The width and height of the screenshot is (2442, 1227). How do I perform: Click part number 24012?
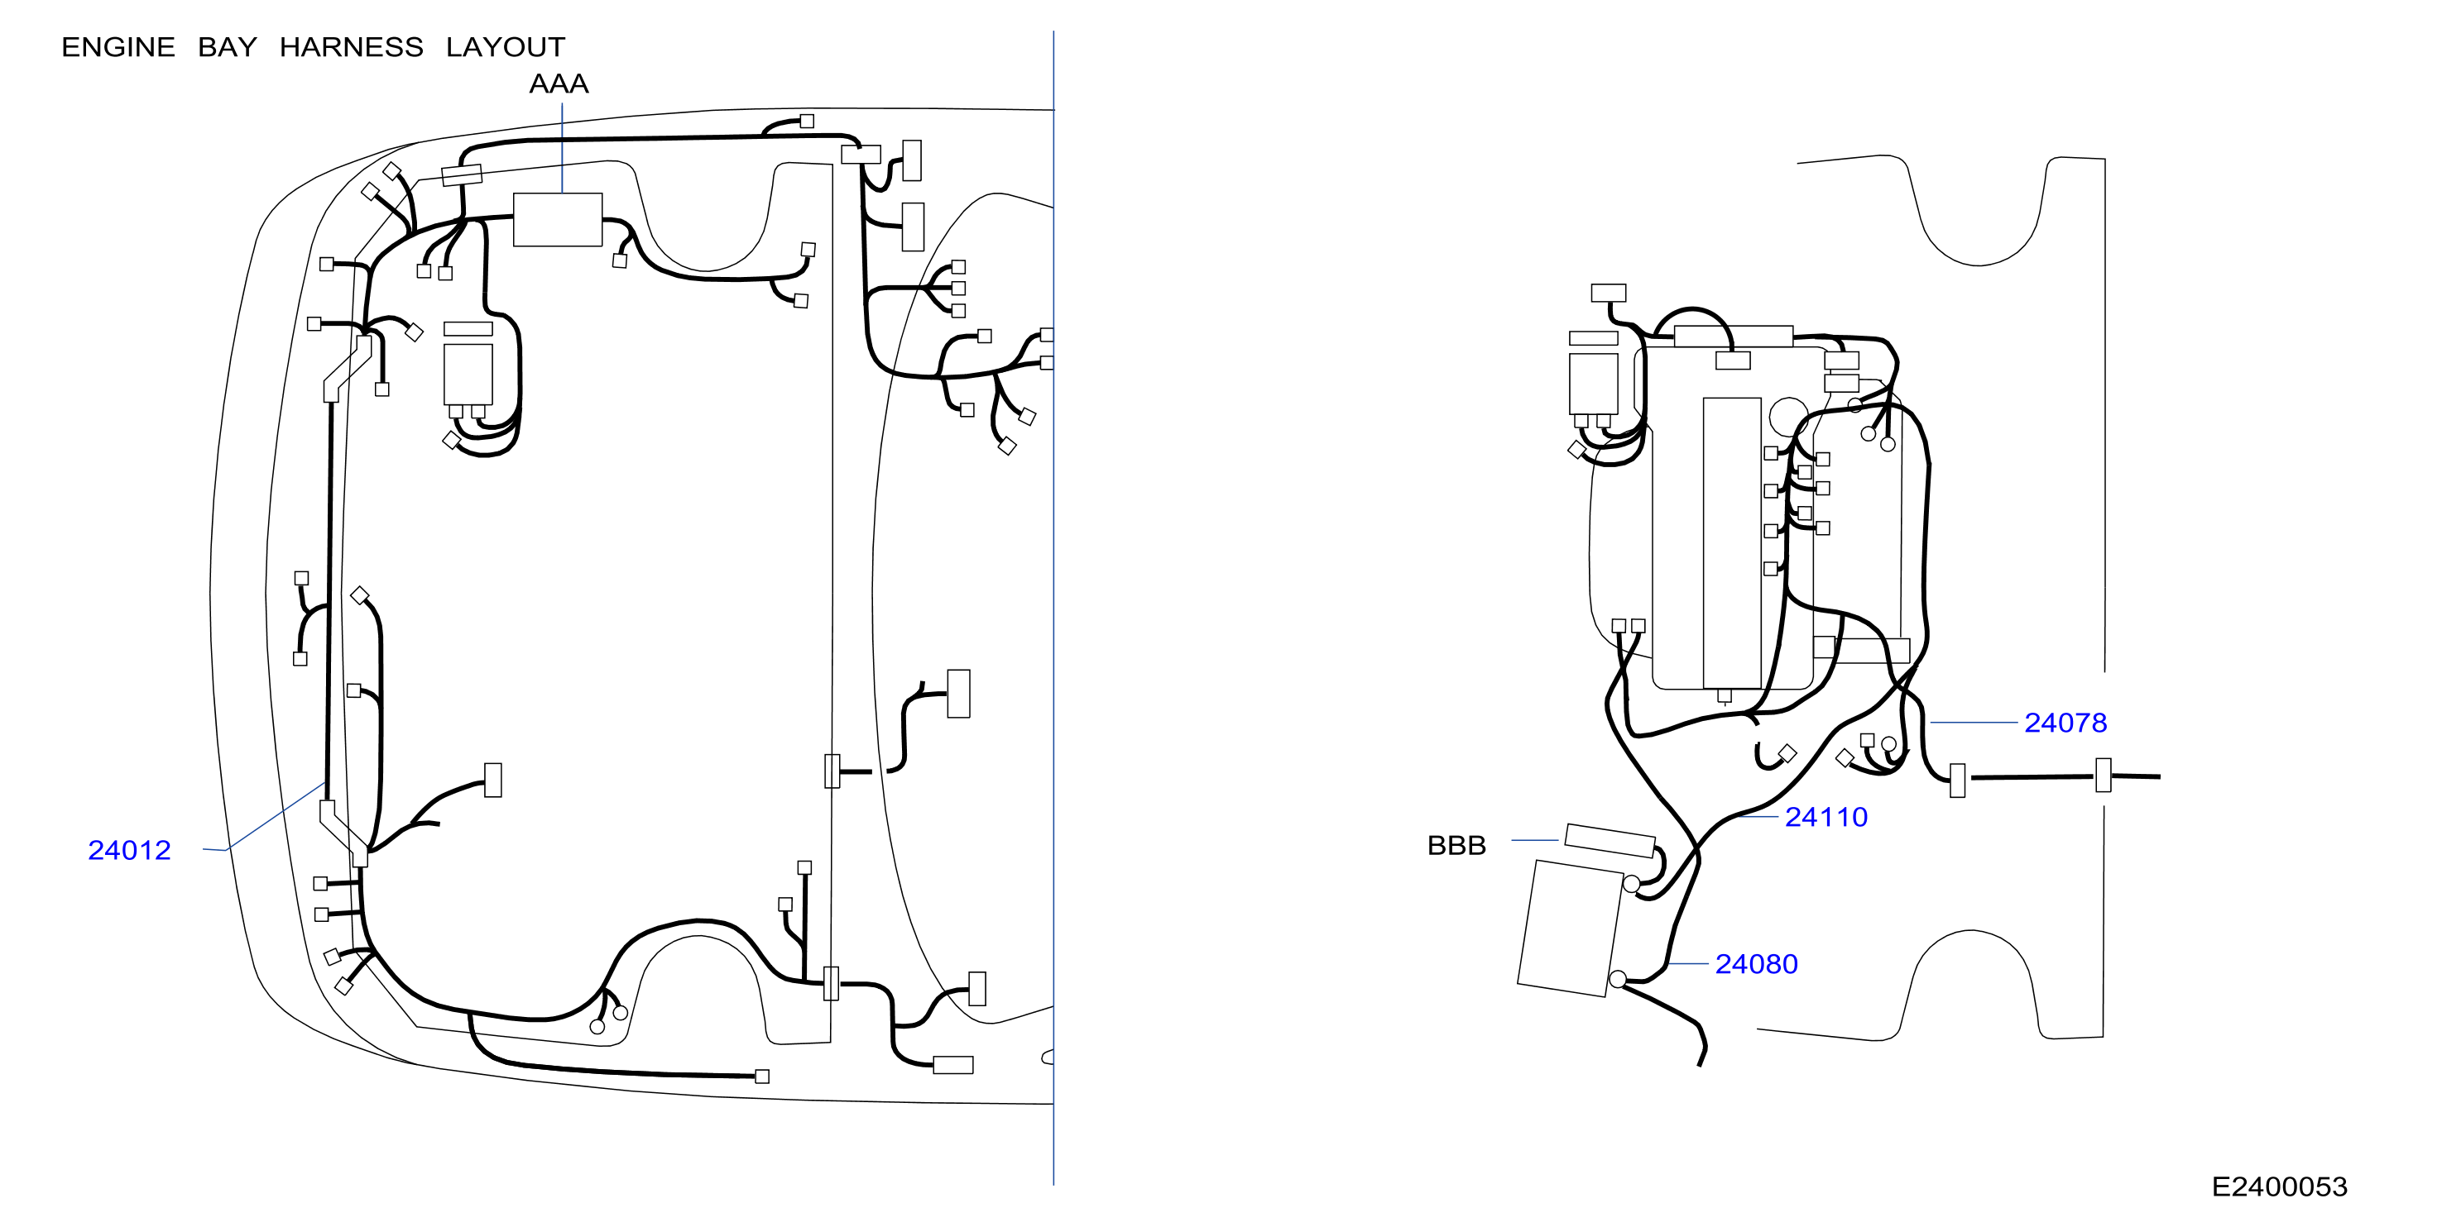point(129,850)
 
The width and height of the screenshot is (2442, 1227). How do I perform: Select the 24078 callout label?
point(2065,722)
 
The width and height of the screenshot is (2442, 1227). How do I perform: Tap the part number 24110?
point(1826,817)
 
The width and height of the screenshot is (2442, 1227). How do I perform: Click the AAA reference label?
point(559,84)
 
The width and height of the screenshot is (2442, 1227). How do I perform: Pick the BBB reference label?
point(1456,845)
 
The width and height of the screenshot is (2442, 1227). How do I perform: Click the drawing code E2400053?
point(2279,1186)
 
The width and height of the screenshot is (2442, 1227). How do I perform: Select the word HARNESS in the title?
point(351,46)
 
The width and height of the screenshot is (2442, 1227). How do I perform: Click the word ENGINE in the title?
point(118,46)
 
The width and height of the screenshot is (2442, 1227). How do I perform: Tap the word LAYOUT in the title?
point(506,46)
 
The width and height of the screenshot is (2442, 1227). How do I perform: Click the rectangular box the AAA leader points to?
point(558,220)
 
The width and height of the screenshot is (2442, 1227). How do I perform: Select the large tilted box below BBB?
point(1571,928)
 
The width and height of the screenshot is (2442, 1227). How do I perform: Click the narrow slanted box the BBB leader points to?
point(1610,840)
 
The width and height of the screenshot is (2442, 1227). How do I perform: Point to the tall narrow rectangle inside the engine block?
point(1732,543)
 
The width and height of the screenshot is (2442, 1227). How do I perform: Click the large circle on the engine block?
point(1789,418)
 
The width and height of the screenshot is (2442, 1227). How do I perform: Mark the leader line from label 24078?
point(1973,722)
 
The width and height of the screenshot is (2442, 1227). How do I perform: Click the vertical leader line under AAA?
point(562,148)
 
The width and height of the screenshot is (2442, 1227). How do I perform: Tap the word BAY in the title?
point(228,46)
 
